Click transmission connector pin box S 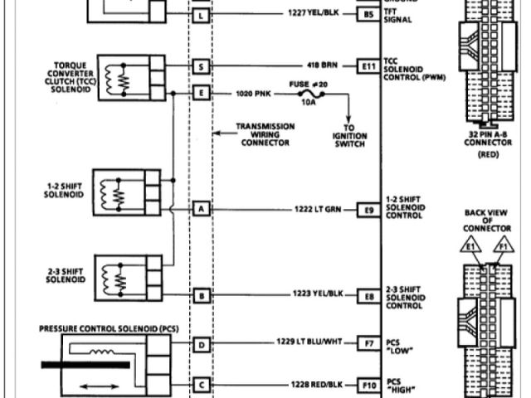200,65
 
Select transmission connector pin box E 200,93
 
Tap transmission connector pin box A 200,209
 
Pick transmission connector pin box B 200,295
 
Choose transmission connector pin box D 200,342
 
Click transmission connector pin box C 200,385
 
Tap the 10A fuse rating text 308,104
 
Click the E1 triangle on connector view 470,246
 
